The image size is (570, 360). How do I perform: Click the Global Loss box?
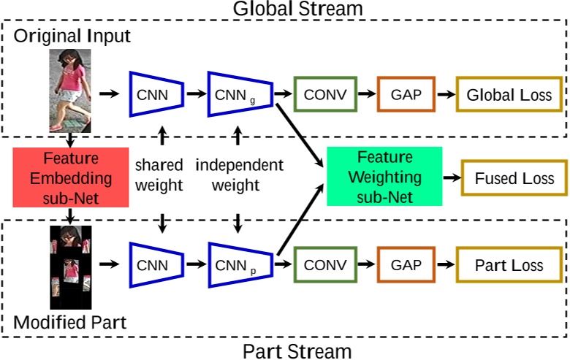[x=509, y=95]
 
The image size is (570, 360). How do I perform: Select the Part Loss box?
[x=509, y=265]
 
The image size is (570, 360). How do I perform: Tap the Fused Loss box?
[x=514, y=179]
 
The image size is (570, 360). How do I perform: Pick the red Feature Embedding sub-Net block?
[x=66, y=177]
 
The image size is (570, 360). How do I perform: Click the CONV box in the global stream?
[x=324, y=95]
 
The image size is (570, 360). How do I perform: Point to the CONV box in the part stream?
[x=324, y=265]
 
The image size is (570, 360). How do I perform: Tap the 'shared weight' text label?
[x=159, y=175]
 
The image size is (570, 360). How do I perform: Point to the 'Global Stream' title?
[x=297, y=9]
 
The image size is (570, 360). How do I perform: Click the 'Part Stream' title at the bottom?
[x=297, y=351]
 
